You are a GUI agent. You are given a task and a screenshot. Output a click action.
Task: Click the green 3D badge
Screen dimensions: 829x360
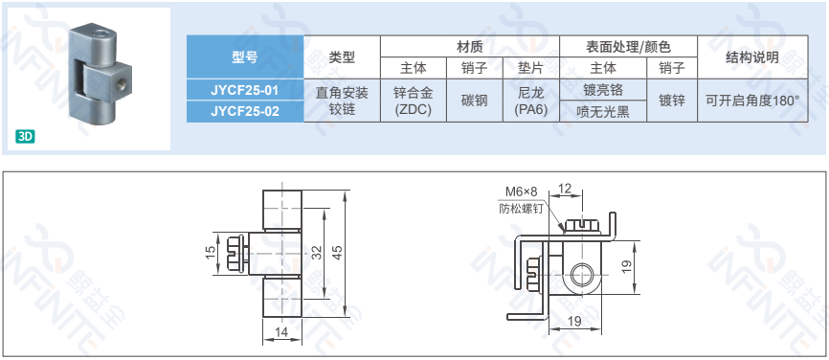click(25, 137)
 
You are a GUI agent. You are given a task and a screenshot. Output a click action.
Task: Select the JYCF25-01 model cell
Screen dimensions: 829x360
click(245, 90)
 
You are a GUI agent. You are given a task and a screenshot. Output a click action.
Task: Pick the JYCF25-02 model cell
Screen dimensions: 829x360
click(245, 111)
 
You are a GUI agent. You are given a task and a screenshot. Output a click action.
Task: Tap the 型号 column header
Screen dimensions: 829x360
click(245, 57)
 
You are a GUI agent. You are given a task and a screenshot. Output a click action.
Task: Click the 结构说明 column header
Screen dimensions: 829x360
click(752, 57)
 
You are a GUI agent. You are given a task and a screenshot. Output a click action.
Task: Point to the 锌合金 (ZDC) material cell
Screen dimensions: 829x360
click(414, 101)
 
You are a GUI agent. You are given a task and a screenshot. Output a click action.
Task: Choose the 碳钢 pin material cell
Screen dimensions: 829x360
click(475, 101)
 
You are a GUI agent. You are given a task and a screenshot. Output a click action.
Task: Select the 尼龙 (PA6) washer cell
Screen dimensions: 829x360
click(531, 101)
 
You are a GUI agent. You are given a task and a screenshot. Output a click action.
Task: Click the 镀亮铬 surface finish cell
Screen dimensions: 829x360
click(603, 90)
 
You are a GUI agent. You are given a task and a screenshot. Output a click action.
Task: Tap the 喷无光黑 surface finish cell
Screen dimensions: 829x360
click(603, 112)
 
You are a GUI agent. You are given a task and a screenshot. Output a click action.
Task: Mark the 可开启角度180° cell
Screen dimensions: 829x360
click(752, 101)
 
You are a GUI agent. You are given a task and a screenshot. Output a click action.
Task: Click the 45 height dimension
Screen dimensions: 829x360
click(339, 254)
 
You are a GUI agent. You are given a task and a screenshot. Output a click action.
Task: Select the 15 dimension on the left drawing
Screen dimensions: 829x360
click(211, 254)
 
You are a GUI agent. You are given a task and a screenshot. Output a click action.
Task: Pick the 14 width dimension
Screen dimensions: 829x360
click(281, 332)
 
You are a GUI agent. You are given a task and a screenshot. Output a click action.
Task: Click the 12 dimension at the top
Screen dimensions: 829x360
click(565, 189)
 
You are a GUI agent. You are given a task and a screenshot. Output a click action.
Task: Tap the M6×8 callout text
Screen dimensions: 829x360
click(522, 191)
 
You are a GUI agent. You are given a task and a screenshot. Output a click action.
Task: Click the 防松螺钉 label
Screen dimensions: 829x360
click(522, 209)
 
